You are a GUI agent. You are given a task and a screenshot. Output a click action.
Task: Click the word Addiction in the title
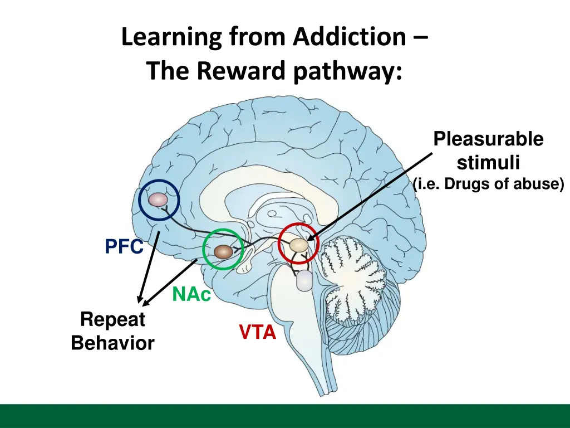350,37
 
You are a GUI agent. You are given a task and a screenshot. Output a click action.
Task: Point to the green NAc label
191,294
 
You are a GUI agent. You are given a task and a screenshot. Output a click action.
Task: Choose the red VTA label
258,333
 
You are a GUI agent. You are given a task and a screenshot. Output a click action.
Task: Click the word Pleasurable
488,139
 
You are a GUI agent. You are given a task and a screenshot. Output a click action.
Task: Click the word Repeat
112,320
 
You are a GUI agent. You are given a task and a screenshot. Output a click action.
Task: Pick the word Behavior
112,343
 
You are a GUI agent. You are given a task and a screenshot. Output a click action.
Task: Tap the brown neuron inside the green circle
223,252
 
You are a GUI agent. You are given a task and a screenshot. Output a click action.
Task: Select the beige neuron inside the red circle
298,245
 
